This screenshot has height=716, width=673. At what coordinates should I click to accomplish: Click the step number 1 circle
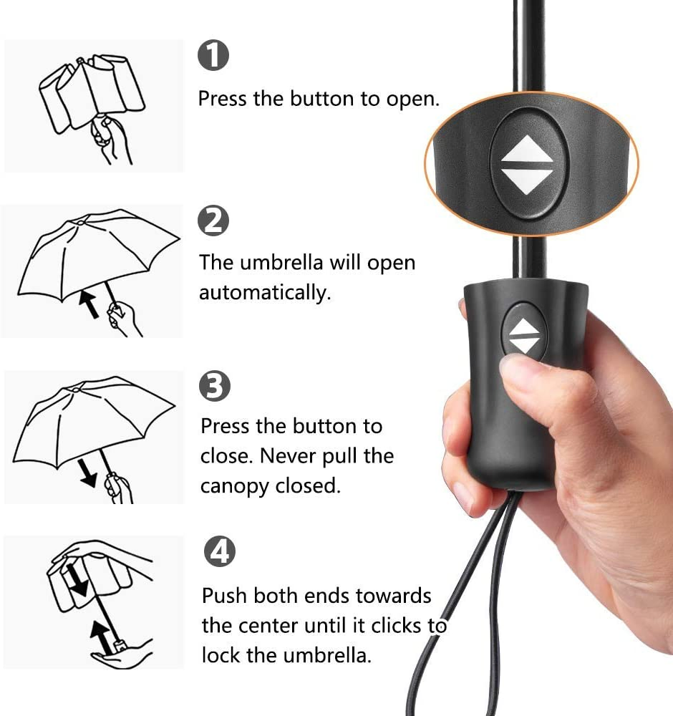(x=213, y=55)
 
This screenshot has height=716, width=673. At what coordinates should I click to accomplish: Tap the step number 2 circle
(x=213, y=221)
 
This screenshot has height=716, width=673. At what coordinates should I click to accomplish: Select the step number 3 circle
(x=215, y=386)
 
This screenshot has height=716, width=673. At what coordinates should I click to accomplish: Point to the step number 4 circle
(x=220, y=551)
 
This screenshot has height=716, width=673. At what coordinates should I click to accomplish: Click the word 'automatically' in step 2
(x=265, y=292)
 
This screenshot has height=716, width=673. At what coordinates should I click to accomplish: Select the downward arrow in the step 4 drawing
(x=77, y=580)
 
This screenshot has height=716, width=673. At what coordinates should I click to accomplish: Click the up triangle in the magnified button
(x=528, y=150)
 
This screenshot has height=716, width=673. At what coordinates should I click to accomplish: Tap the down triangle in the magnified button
(x=528, y=181)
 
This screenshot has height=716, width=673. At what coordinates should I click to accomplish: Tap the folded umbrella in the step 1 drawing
(x=92, y=92)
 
